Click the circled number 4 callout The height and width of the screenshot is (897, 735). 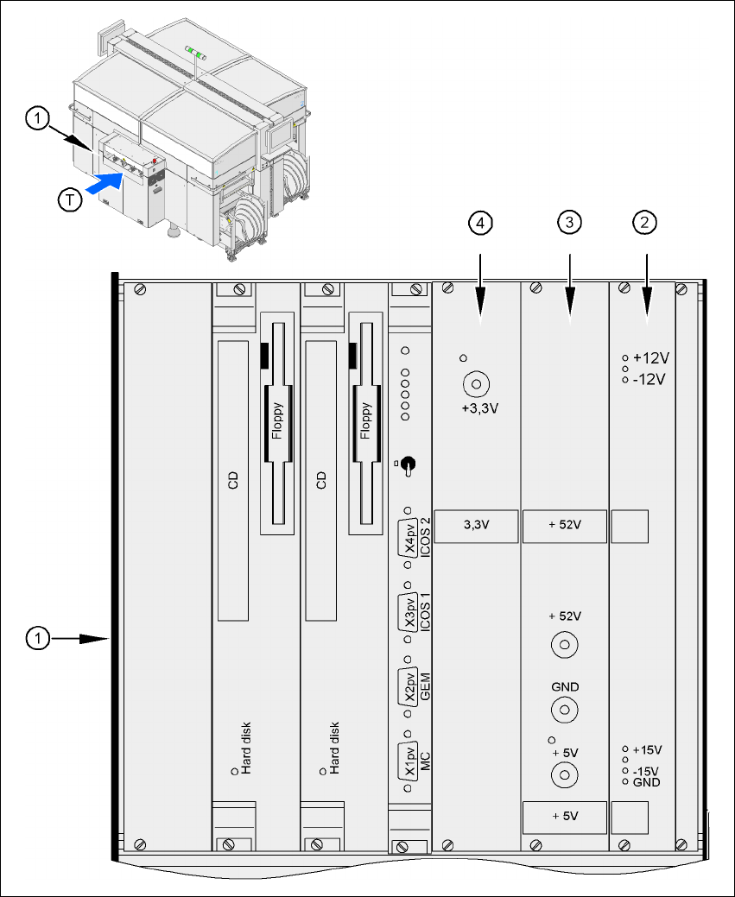(x=481, y=223)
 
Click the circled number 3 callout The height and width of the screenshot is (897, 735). (x=567, y=223)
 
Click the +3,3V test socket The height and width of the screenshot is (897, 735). (x=475, y=383)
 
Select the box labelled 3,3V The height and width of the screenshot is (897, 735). (x=475, y=525)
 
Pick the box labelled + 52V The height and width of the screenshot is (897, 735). (x=565, y=525)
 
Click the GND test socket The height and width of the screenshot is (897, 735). (x=565, y=711)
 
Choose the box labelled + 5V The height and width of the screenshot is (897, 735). (x=565, y=815)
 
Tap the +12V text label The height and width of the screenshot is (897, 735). (x=652, y=357)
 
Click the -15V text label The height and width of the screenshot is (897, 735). (x=646, y=771)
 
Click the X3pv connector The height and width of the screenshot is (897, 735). (x=409, y=614)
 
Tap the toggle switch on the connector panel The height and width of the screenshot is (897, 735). (x=409, y=467)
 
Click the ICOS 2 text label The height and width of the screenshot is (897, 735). (x=424, y=538)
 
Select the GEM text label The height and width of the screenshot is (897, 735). (x=424, y=685)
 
